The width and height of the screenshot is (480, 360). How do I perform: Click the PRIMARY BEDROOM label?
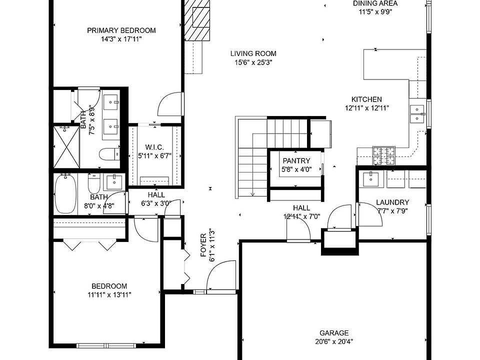coord(121,30)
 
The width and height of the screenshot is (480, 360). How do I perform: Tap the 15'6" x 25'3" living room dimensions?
coord(253,62)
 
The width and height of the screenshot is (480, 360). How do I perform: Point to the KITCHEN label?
coord(366,99)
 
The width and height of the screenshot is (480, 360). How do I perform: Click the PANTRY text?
coord(296,161)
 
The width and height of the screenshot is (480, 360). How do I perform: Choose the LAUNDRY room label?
coord(392,202)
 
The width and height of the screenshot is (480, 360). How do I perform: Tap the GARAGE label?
coord(334,333)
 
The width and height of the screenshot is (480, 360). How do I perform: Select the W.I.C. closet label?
coord(154,147)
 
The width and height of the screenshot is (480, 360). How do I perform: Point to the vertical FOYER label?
coord(203,245)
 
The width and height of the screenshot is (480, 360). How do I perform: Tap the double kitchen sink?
coord(416,113)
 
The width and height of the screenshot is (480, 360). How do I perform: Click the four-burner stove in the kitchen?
coord(383,155)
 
